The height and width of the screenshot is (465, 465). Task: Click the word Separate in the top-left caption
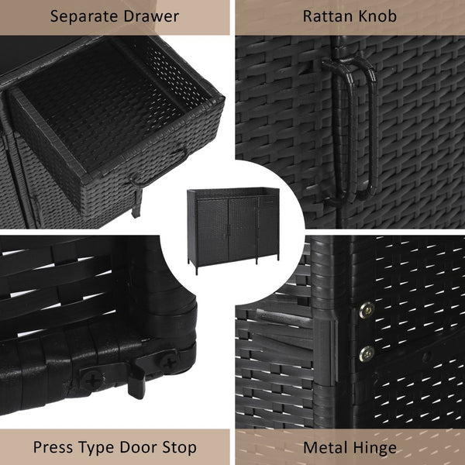[84, 17]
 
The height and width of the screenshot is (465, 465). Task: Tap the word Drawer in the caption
[152, 15]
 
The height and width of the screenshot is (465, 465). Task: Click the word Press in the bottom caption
[53, 447]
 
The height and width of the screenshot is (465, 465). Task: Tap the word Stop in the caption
[180, 448]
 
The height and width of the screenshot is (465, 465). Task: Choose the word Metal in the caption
[325, 447]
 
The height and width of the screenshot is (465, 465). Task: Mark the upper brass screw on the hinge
[367, 310]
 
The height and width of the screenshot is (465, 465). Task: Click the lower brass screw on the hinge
[367, 354]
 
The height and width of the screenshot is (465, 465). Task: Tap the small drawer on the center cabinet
[267, 202]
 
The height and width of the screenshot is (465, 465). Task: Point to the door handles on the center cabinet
[229, 230]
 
